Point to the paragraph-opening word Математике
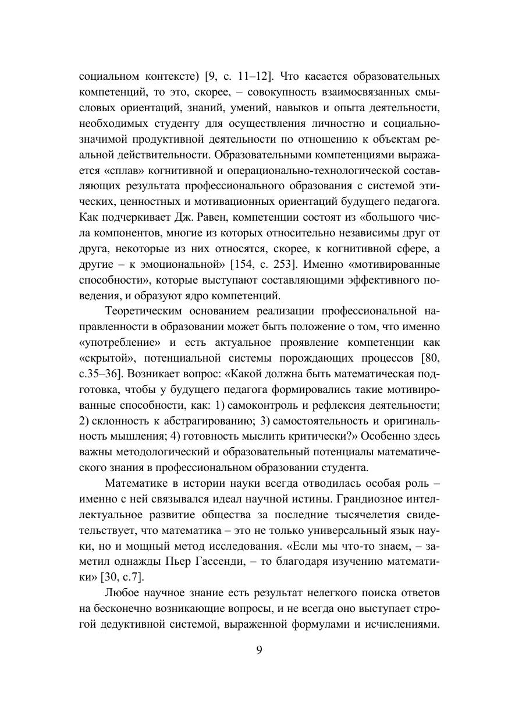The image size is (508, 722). pyautogui.click(x=137, y=483)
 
